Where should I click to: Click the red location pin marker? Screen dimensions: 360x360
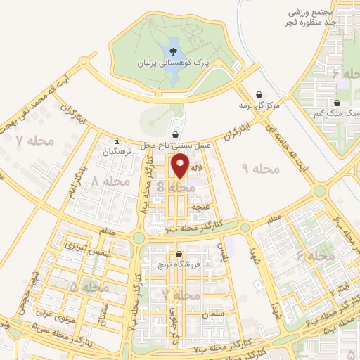click(181, 165)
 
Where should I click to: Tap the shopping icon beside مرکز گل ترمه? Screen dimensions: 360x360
click(259, 94)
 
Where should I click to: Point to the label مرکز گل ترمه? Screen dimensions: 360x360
click(259, 105)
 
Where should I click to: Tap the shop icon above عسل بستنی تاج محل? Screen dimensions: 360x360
click(175, 134)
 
